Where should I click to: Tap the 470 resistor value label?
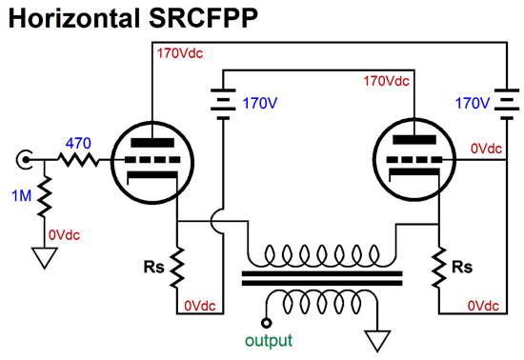coord(78,143)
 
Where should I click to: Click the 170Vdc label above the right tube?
coord(388,82)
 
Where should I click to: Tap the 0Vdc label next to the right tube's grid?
coord(488,149)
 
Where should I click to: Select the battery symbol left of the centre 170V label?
coord(222,102)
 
